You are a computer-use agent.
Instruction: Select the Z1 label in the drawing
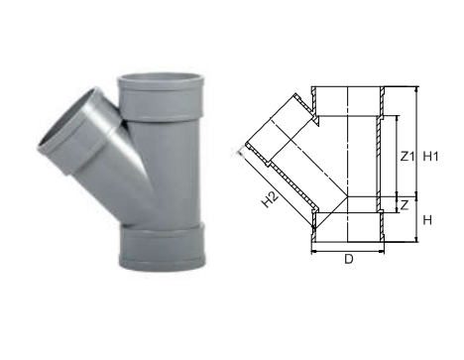coord(405,155)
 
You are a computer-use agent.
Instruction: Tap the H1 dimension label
coord(431,156)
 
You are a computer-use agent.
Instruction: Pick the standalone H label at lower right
coord(428,219)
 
